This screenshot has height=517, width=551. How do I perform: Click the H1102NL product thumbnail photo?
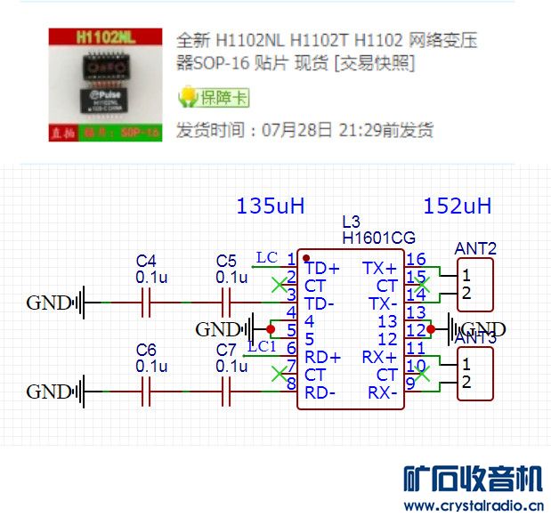pos(106,85)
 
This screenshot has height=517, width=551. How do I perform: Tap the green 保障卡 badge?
pos(214,97)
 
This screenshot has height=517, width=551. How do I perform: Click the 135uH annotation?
pos(271,206)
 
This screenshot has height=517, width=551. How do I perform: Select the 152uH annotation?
pos(458,206)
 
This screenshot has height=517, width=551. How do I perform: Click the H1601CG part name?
pos(378,238)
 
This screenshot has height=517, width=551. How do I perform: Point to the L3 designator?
pos(351,222)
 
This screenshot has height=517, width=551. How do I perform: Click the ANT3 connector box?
pos(474,373)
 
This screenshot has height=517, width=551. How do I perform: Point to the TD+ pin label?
pos(322,268)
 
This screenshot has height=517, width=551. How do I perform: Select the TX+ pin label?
pos(380,268)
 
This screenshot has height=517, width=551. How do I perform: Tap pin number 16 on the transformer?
pos(416,259)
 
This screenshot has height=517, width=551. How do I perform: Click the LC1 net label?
pos(263,346)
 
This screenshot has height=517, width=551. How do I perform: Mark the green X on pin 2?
pos(279,285)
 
